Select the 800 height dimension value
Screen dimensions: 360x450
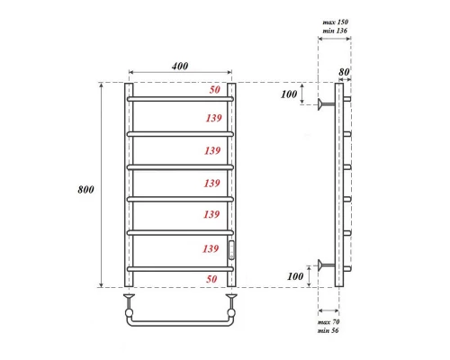(87, 190)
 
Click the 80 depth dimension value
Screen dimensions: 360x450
(346, 72)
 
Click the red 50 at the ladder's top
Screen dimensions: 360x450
(214, 90)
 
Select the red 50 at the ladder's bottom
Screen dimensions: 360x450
(213, 280)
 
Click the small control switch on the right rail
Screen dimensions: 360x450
(231, 249)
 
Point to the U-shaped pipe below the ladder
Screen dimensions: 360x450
(181, 321)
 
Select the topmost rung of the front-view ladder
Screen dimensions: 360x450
(181, 97)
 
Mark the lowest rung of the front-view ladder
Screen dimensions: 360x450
(181, 267)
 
